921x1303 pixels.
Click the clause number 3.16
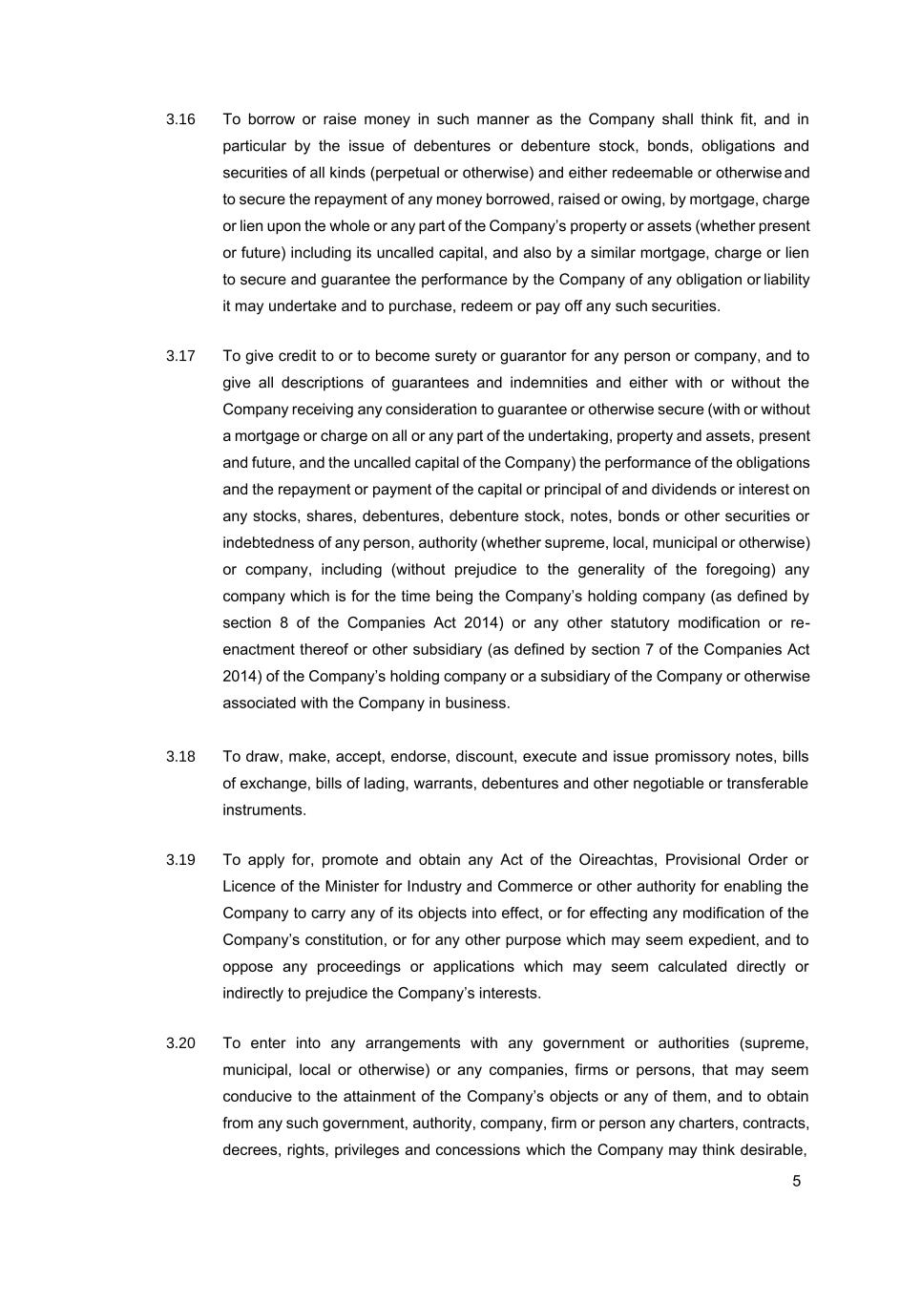[180, 119]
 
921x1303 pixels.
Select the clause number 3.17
[180, 356]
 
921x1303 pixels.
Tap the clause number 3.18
[180, 757]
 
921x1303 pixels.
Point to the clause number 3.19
[180, 860]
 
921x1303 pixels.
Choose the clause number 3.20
[180, 1043]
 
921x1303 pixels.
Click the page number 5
[797, 1182]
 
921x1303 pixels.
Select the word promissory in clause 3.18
[690, 757]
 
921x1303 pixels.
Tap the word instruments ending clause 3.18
[263, 810]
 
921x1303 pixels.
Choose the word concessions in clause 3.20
[476, 1150]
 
